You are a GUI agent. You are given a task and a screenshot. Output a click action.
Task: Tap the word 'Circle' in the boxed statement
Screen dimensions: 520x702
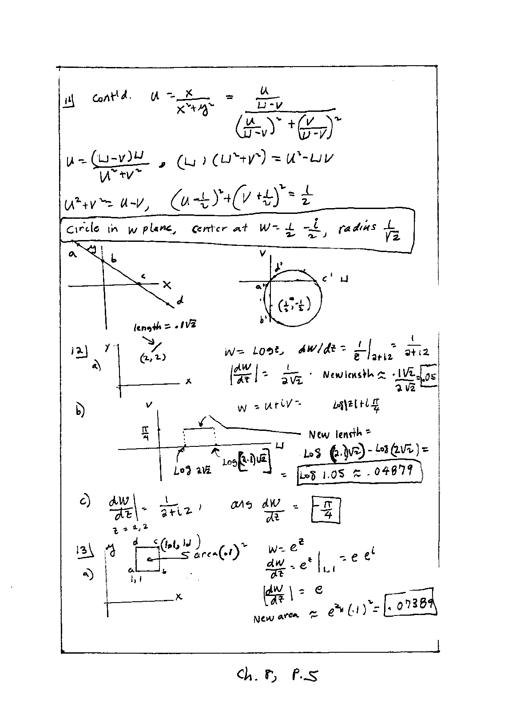[83, 229]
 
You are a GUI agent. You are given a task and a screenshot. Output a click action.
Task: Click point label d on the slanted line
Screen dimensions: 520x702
[180, 301]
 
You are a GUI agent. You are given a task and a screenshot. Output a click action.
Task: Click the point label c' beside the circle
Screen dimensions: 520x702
[327, 279]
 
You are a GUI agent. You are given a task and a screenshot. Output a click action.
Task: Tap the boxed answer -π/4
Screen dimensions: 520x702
[327, 512]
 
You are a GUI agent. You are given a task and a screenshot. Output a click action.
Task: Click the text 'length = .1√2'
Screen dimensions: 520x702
[165, 327]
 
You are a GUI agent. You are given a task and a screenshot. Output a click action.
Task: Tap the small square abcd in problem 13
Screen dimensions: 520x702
[147, 559]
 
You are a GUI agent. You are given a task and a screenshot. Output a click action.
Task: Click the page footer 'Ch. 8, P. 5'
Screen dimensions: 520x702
[278, 675]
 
